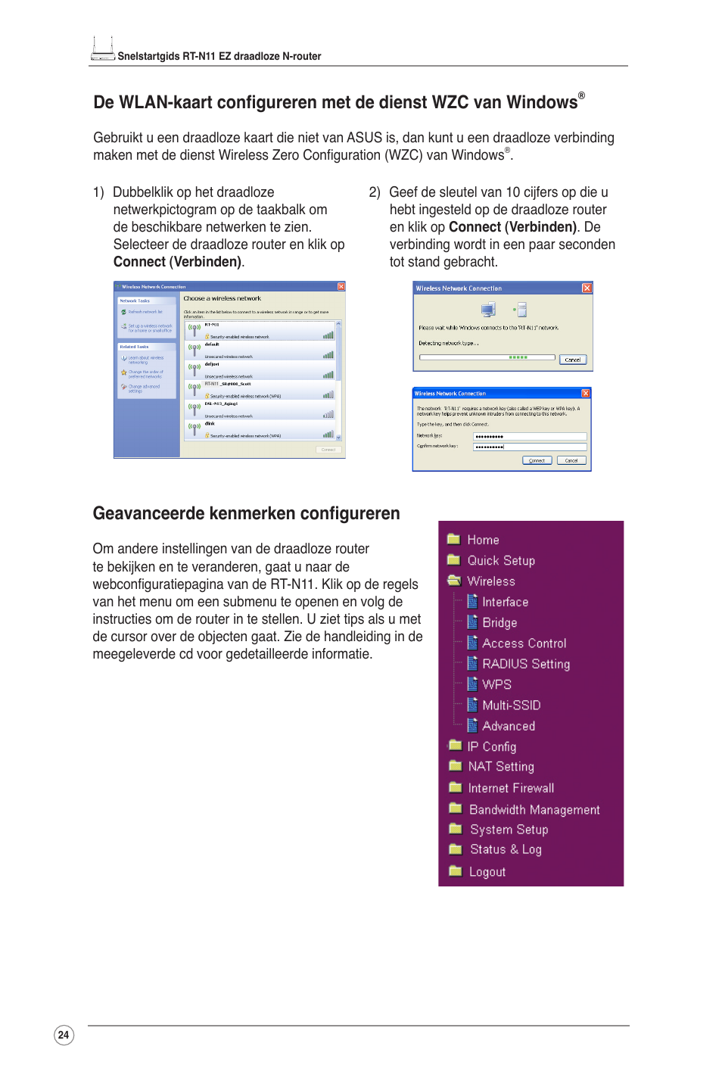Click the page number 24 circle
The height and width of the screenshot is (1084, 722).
64,1035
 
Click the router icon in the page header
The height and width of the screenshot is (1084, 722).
102,49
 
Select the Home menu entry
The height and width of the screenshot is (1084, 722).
483,540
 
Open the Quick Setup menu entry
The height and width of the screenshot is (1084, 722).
500,561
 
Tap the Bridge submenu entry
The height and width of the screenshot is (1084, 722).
499,623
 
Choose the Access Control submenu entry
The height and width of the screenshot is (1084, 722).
524,643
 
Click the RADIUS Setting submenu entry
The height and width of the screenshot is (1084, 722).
526,664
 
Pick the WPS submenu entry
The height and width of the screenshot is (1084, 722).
496,684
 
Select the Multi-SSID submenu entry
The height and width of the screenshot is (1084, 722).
511,706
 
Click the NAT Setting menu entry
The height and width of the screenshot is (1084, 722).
500,767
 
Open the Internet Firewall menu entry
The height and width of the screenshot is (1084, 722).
511,788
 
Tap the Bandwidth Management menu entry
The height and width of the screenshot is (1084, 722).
534,810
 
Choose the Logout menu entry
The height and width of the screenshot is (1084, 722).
487,872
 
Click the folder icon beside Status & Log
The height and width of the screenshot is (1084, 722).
455,849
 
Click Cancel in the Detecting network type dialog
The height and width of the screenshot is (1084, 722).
573,360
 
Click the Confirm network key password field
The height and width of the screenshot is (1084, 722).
529,447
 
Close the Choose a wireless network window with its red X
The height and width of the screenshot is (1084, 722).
341,287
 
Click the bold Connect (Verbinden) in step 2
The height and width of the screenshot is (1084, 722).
512,227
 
